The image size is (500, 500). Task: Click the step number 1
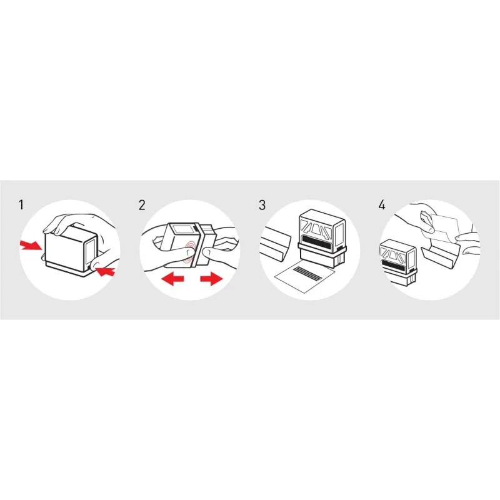pyautogui.click(x=21, y=205)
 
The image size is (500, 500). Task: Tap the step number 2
pyautogui.click(x=142, y=205)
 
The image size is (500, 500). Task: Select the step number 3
pyautogui.click(x=262, y=205)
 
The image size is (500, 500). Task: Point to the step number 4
pyautogui.click(x=382, y=205)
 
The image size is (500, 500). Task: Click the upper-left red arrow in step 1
pyautogui.click(x=30, y=246)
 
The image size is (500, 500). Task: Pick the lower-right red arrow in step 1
pyautogui.click(x=105, y=272)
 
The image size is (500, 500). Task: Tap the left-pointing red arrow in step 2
pyautogui.click(x=173, y=279)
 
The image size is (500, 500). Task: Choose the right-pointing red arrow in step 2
pyautogui.click(x=211, y=279)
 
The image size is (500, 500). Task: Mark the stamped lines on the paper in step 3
pyautogui.click(x=307, y=274)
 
